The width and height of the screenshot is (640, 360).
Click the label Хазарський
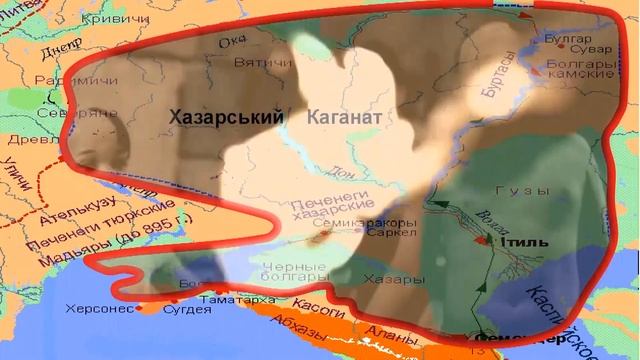click(226, 118)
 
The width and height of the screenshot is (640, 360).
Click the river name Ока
click(232, 41)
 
